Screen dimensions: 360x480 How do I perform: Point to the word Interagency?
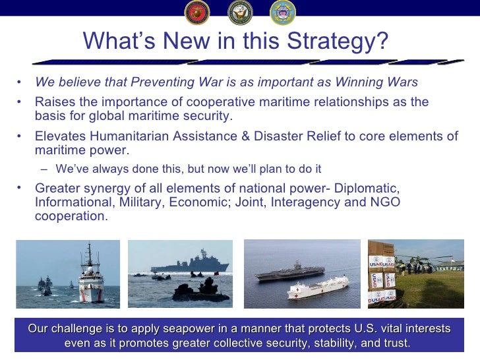point(299,202)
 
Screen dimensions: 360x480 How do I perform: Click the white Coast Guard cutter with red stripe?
point(90,280)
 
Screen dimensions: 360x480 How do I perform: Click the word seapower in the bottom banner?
point(195,328)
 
